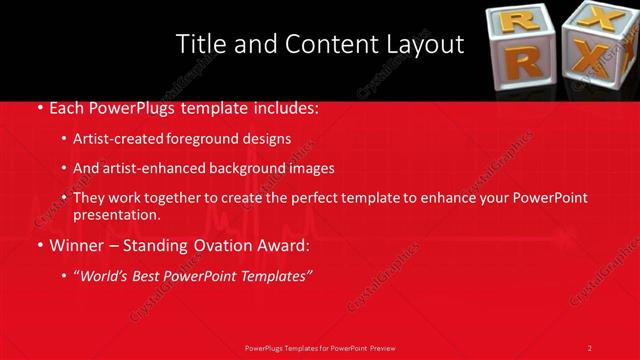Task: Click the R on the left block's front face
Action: [527, 61]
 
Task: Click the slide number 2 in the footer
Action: [589, 348]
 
